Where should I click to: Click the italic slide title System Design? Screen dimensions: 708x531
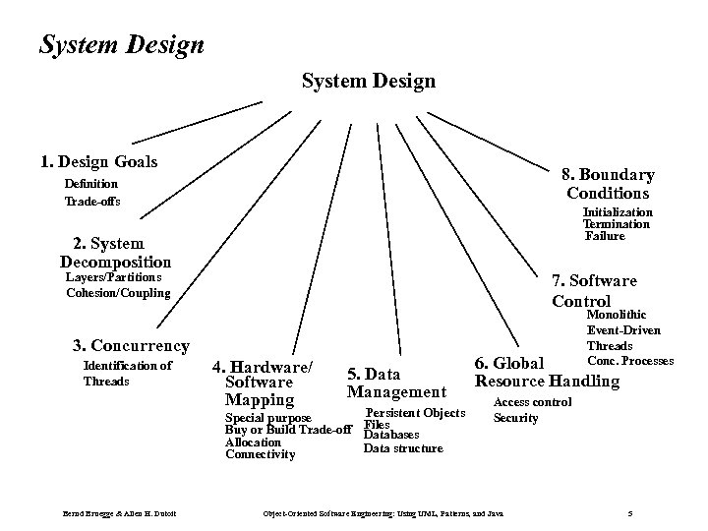(122, 45)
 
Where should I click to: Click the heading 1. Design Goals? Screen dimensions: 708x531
(98, 161)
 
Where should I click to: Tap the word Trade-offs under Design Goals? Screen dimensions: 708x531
(92, 203)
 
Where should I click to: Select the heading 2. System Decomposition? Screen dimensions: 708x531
(115, 253)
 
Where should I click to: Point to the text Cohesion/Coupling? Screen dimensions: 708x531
(118, 293)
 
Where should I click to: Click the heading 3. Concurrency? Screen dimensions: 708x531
(131, 345)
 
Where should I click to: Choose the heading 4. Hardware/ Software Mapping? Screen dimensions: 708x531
(267, 383)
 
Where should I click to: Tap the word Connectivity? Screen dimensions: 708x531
(260, 454)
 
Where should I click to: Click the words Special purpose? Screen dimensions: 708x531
(268, 417)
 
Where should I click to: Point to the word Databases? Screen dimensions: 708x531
(391, 435)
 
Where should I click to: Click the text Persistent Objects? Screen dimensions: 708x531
(415, 413)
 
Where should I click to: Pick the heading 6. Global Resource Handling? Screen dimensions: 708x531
(547, 373)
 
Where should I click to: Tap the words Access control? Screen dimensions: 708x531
(532, 402)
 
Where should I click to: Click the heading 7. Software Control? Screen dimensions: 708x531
(594, 291)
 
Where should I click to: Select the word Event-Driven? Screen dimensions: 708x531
(623, 330)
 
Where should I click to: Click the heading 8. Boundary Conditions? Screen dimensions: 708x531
(608, 183)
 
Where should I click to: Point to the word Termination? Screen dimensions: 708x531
(617, 224)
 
